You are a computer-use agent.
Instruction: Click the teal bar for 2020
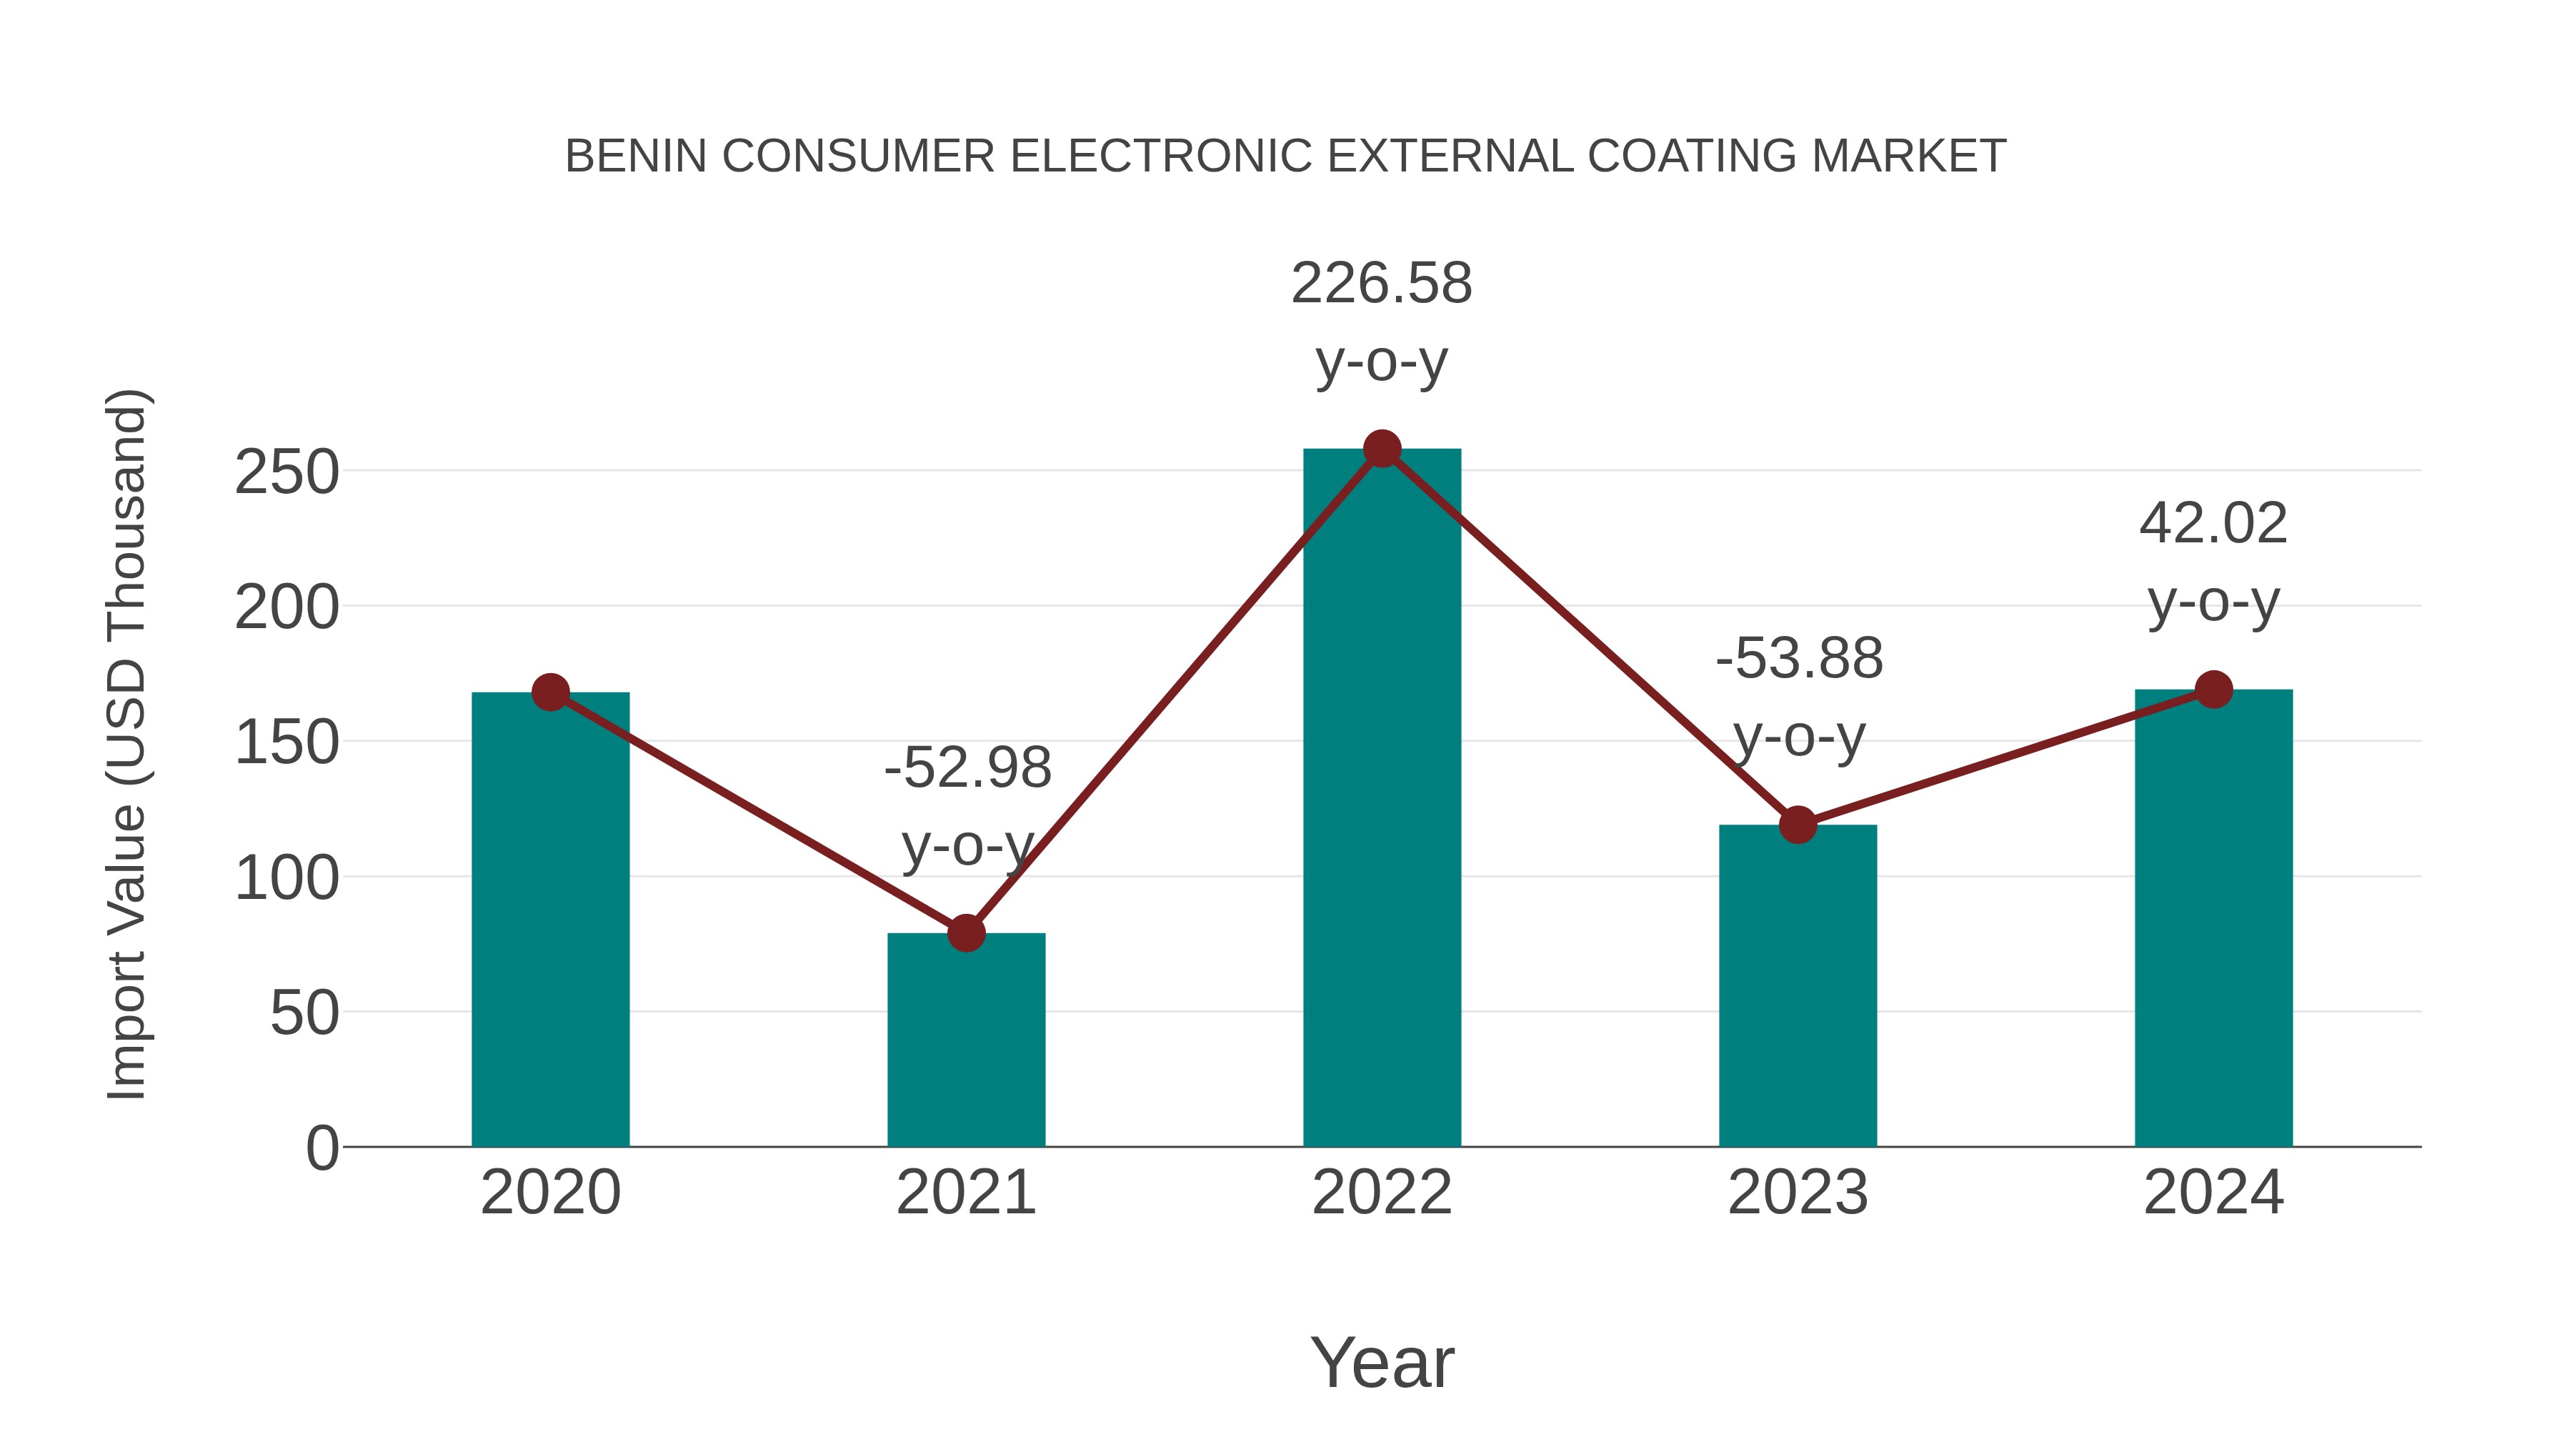click(550, 919)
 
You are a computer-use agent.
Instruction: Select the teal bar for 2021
click(965, 1038)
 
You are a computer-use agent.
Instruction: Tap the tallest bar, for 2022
click(1381, 799)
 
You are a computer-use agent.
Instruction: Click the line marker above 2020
click(550, 691)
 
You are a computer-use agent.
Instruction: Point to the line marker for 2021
click(965, 933)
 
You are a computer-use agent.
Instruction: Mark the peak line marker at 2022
click(1381, 449)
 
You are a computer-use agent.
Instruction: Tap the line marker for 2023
click(1798, 825)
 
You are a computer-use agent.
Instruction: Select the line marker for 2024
click(2213, 689)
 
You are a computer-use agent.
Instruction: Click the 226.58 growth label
click(1381, 284)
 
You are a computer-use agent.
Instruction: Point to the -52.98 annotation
click(967, 768)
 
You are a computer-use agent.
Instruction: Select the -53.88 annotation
click(1798, 659)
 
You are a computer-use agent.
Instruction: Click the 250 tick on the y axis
click(286, 472)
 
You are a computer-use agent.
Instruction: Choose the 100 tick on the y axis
click(286, 879)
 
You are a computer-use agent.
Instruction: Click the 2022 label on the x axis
click(1381, 1193)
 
